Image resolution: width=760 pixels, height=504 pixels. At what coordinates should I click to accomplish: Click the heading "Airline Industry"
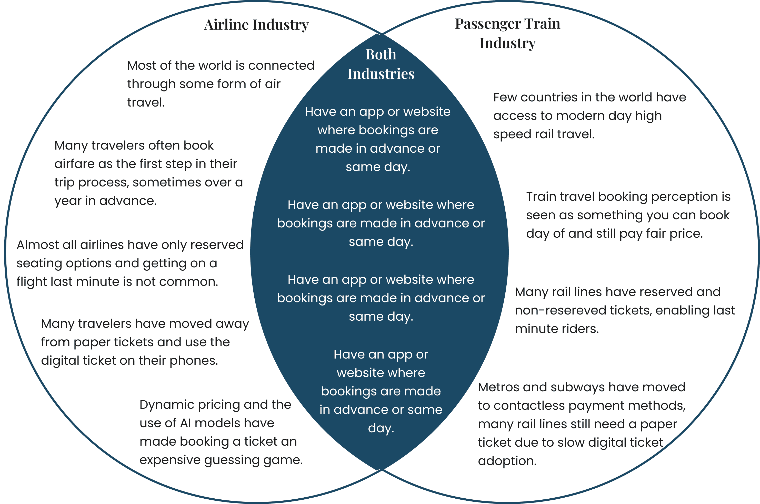pos(256,25)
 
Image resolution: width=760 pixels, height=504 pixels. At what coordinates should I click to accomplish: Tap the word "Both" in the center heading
pos(381,54)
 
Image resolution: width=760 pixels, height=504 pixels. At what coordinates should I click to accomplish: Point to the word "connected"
pos(281,66)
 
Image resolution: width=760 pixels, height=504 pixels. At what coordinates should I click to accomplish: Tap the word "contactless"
pos(529,406)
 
